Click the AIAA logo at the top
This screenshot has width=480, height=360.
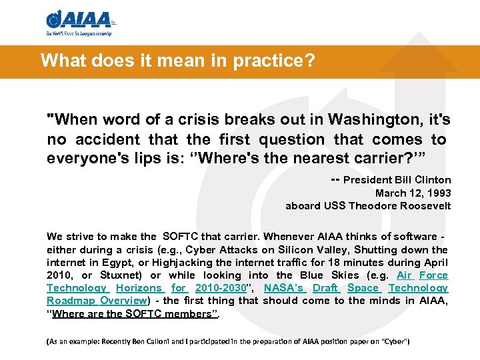(x=78, y=22)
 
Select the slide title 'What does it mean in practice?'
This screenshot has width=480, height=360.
(x=177, y=61)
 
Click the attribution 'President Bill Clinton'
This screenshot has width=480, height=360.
(x=397, y=180)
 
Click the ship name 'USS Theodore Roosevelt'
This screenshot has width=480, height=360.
(x=396, y=205)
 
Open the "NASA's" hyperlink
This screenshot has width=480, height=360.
(x=284, y=288)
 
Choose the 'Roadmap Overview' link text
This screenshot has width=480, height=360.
(x=96, y=301)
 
